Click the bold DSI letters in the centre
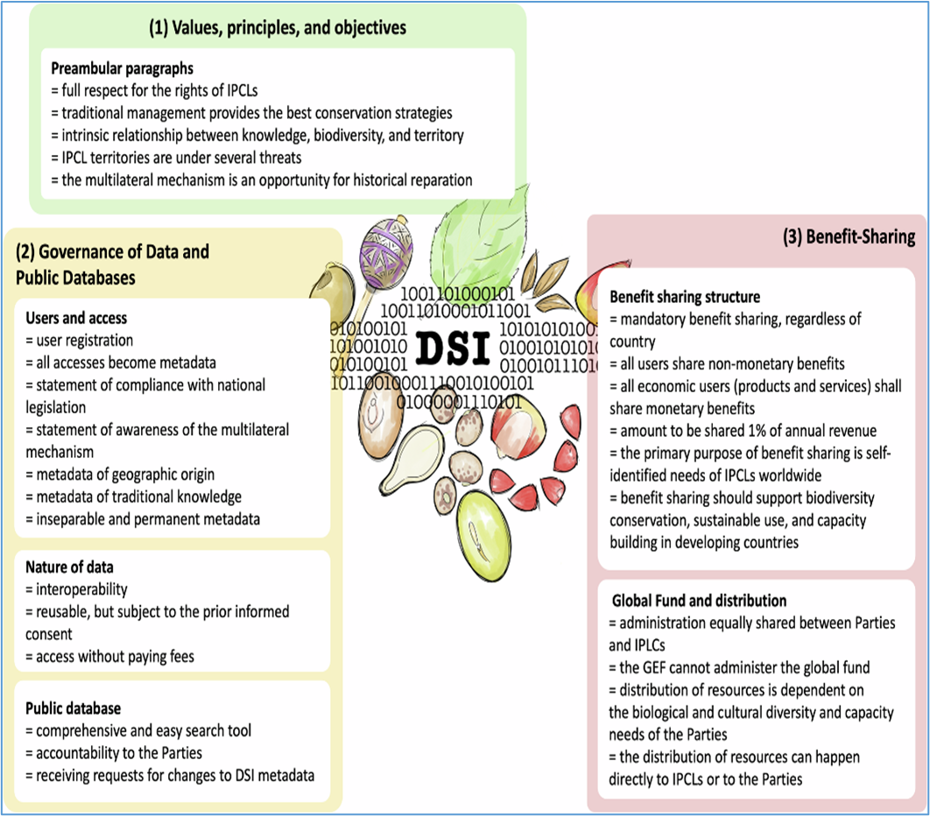click(453, 348)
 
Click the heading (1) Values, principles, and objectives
click(277, 28)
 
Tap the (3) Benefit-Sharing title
click(849, 236)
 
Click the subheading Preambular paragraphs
click(122, 68)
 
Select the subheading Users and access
click(76, 318)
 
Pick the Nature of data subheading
click(69, 567)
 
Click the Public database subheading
click(73, 707)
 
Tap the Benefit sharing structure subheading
click(685, 297)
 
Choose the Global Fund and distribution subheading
click(699, 601)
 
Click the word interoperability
click(80, 589)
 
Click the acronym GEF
click(665, 668)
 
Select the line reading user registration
click(80, 340)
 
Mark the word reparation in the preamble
click(440, 180)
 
